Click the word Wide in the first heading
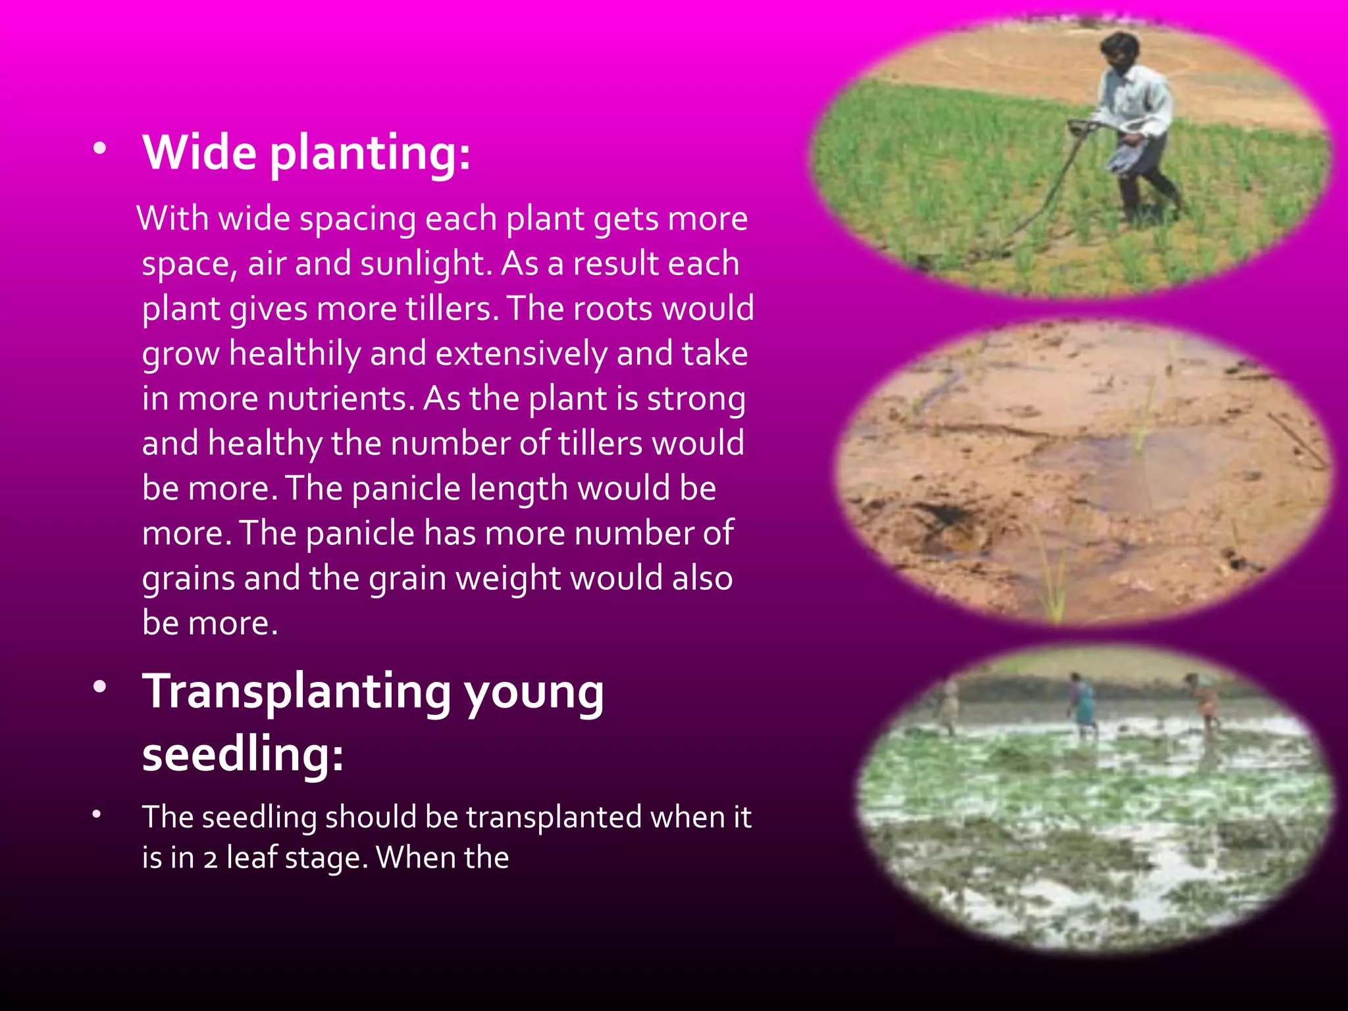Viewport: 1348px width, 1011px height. click(199, 153)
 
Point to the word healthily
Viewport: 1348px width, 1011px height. click(295, 353)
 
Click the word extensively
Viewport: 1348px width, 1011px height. click(521, 353)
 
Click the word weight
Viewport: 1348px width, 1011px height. click(508, 579)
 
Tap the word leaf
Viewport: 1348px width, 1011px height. click(251, 858)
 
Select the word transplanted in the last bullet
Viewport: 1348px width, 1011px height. click(554, 817)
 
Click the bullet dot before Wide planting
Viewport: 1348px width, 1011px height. click(99, 148)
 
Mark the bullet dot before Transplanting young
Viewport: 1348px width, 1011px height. click(99, 687)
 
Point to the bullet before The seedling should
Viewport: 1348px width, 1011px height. click(97, 814)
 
